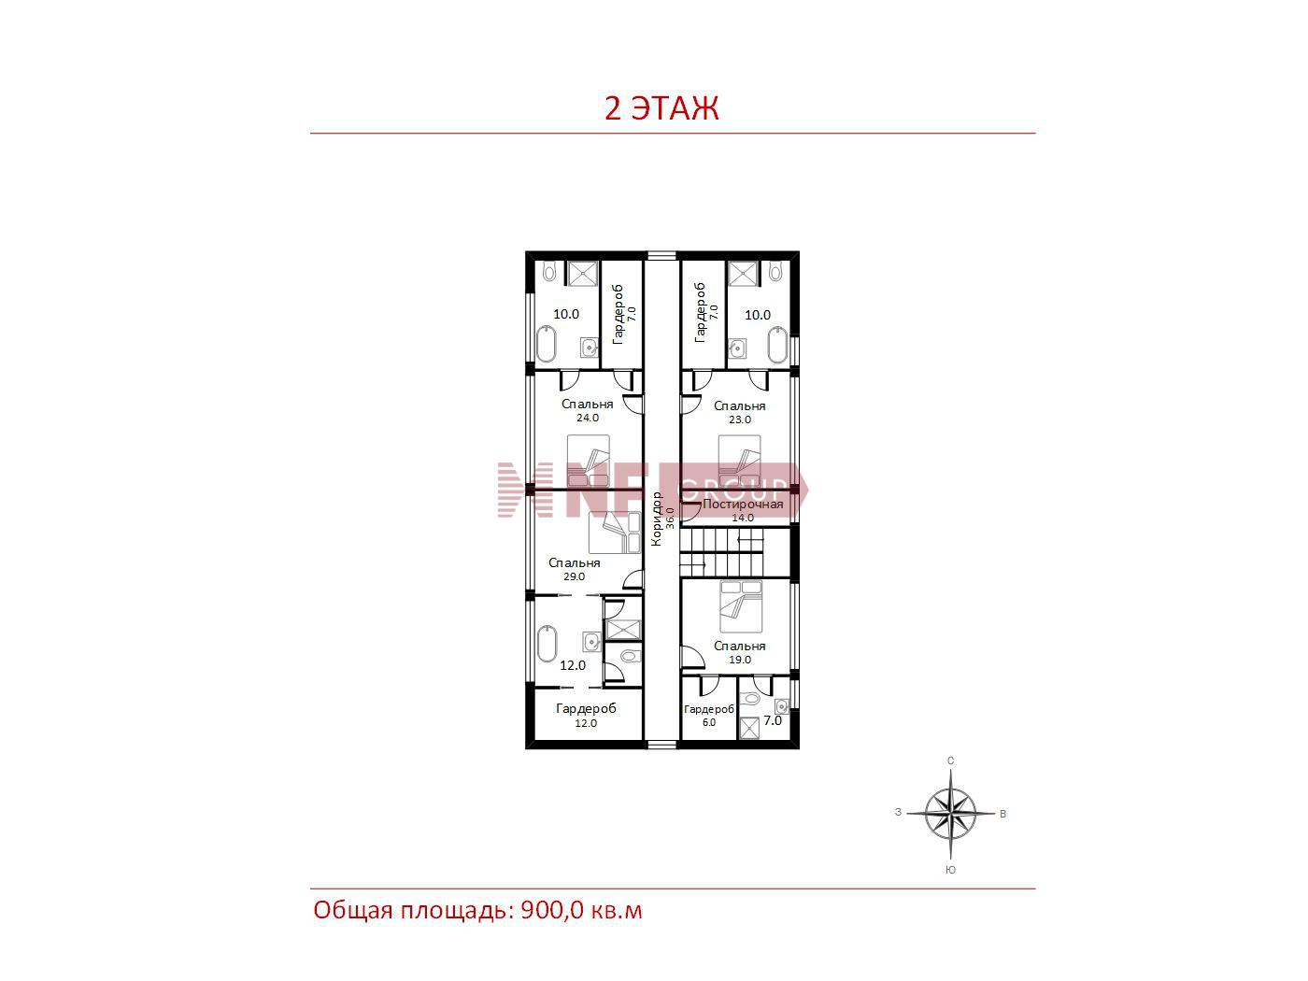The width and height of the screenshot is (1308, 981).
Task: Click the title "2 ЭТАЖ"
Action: click(661, 108)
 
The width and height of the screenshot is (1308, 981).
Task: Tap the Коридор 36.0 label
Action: click(662, 518)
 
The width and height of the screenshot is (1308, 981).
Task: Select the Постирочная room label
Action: click(743, 510)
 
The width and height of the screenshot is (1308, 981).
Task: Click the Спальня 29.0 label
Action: click(574, 568)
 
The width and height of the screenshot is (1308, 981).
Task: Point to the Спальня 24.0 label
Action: click(587, 410)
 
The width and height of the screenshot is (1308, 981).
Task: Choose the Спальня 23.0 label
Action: click(740, 412)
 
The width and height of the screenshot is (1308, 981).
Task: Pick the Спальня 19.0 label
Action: click(740, 651)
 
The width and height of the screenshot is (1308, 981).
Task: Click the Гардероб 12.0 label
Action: click(586, 715)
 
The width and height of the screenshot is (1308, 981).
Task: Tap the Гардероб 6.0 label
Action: click(708, 715)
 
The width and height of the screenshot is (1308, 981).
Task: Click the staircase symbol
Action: click(721, 552)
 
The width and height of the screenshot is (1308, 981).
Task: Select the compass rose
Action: click(950, 813)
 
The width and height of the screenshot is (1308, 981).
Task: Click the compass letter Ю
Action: click(950, 870)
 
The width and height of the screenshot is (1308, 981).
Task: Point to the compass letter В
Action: click(1002, 814)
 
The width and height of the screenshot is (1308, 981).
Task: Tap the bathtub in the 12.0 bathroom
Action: click(547, 643)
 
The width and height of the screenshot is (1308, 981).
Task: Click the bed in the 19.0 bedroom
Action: click(741, 606)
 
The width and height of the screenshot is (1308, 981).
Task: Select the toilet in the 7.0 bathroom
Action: click(751, 698)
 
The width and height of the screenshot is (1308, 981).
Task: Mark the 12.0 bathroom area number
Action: click(572, 665)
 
